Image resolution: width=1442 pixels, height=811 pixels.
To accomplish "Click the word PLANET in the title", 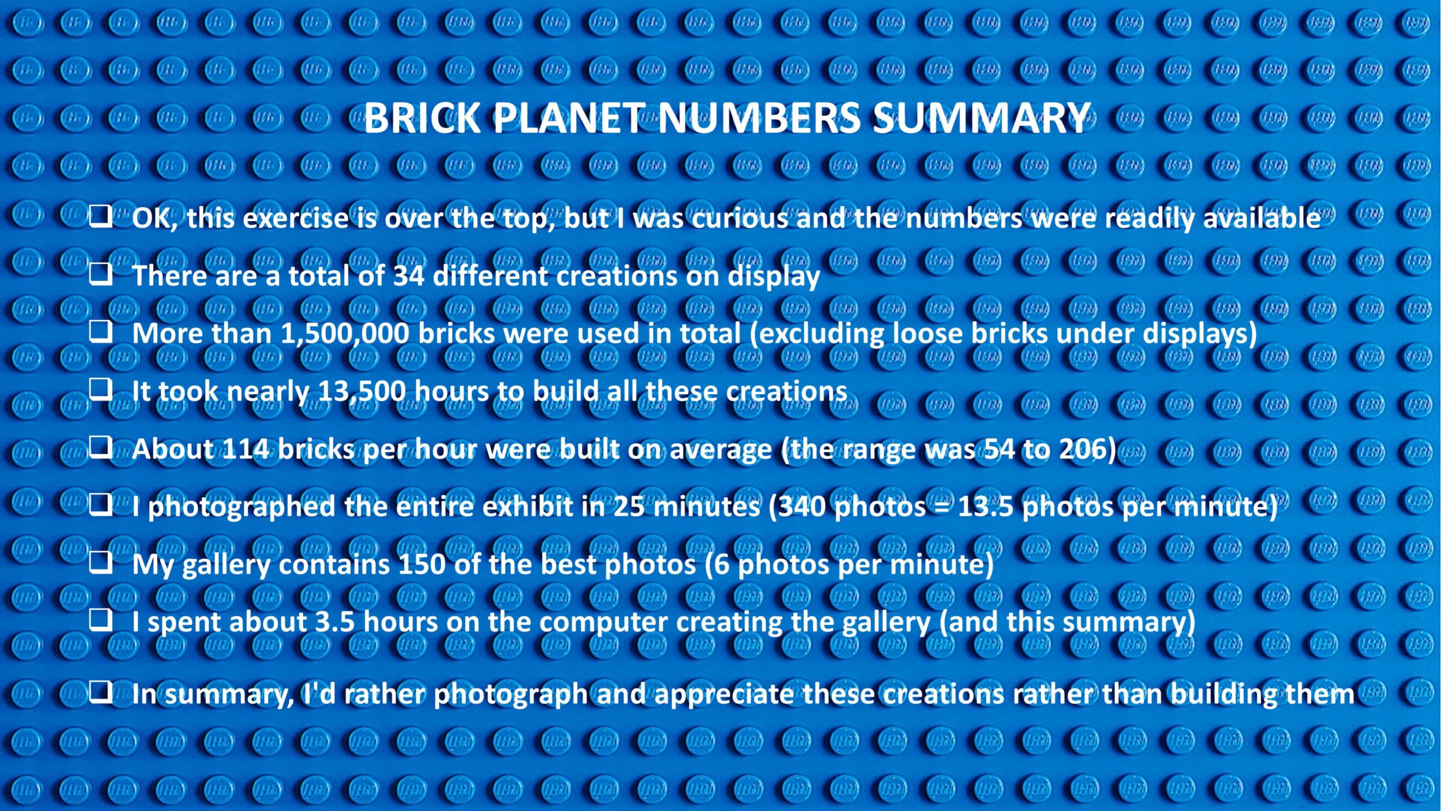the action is click(x=569, y=118).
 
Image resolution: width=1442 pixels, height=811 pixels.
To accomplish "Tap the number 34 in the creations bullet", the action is click(x=408, y=276).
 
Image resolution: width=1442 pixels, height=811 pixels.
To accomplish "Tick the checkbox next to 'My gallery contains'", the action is click(x=100, y=562).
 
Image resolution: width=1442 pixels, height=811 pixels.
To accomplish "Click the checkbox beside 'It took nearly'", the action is click(x=100, y=389).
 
